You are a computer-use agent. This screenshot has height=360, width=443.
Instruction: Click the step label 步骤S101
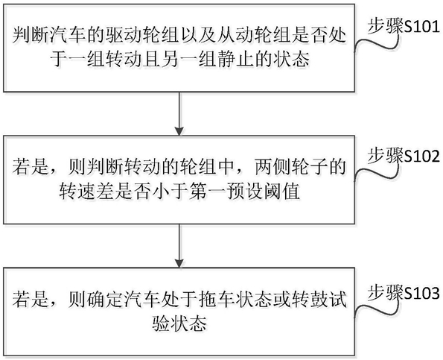[x=404, y=28]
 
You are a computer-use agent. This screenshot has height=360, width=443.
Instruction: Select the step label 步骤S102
[x=404, y=156]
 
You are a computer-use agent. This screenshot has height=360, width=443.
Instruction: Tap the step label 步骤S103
[x=404, y=293]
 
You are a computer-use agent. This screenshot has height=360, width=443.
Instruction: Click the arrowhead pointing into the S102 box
[x=179, y=131]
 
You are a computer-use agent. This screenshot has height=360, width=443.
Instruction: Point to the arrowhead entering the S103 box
[x=179, y=263]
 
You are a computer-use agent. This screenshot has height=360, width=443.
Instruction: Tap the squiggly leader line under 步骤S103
[x=376, y=309]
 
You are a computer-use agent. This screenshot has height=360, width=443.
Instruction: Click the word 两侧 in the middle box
[x=272, y=167]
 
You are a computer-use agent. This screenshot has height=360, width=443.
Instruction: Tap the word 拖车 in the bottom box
[x=216, y=300]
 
